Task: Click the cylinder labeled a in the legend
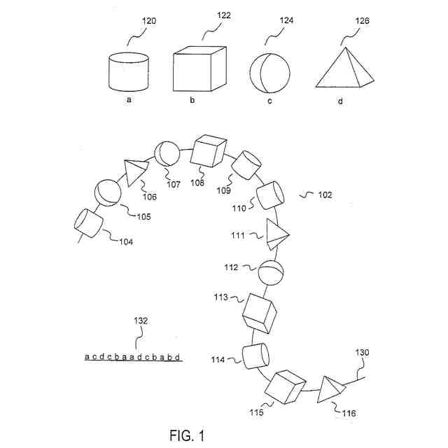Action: pos(129,71)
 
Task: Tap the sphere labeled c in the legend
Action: pos(269,71)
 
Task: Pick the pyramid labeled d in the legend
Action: pos(342,70)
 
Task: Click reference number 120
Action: pos(148,22)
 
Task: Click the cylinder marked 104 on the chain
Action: pos(88,223)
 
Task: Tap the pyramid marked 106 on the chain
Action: pos(136,170)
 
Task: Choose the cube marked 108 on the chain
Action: pos(209,152)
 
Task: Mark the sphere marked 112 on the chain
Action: pos(270,272)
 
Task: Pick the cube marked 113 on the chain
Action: pos(259,312)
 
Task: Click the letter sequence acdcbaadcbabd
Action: pos(134,357)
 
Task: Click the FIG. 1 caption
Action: pos(187,435)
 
